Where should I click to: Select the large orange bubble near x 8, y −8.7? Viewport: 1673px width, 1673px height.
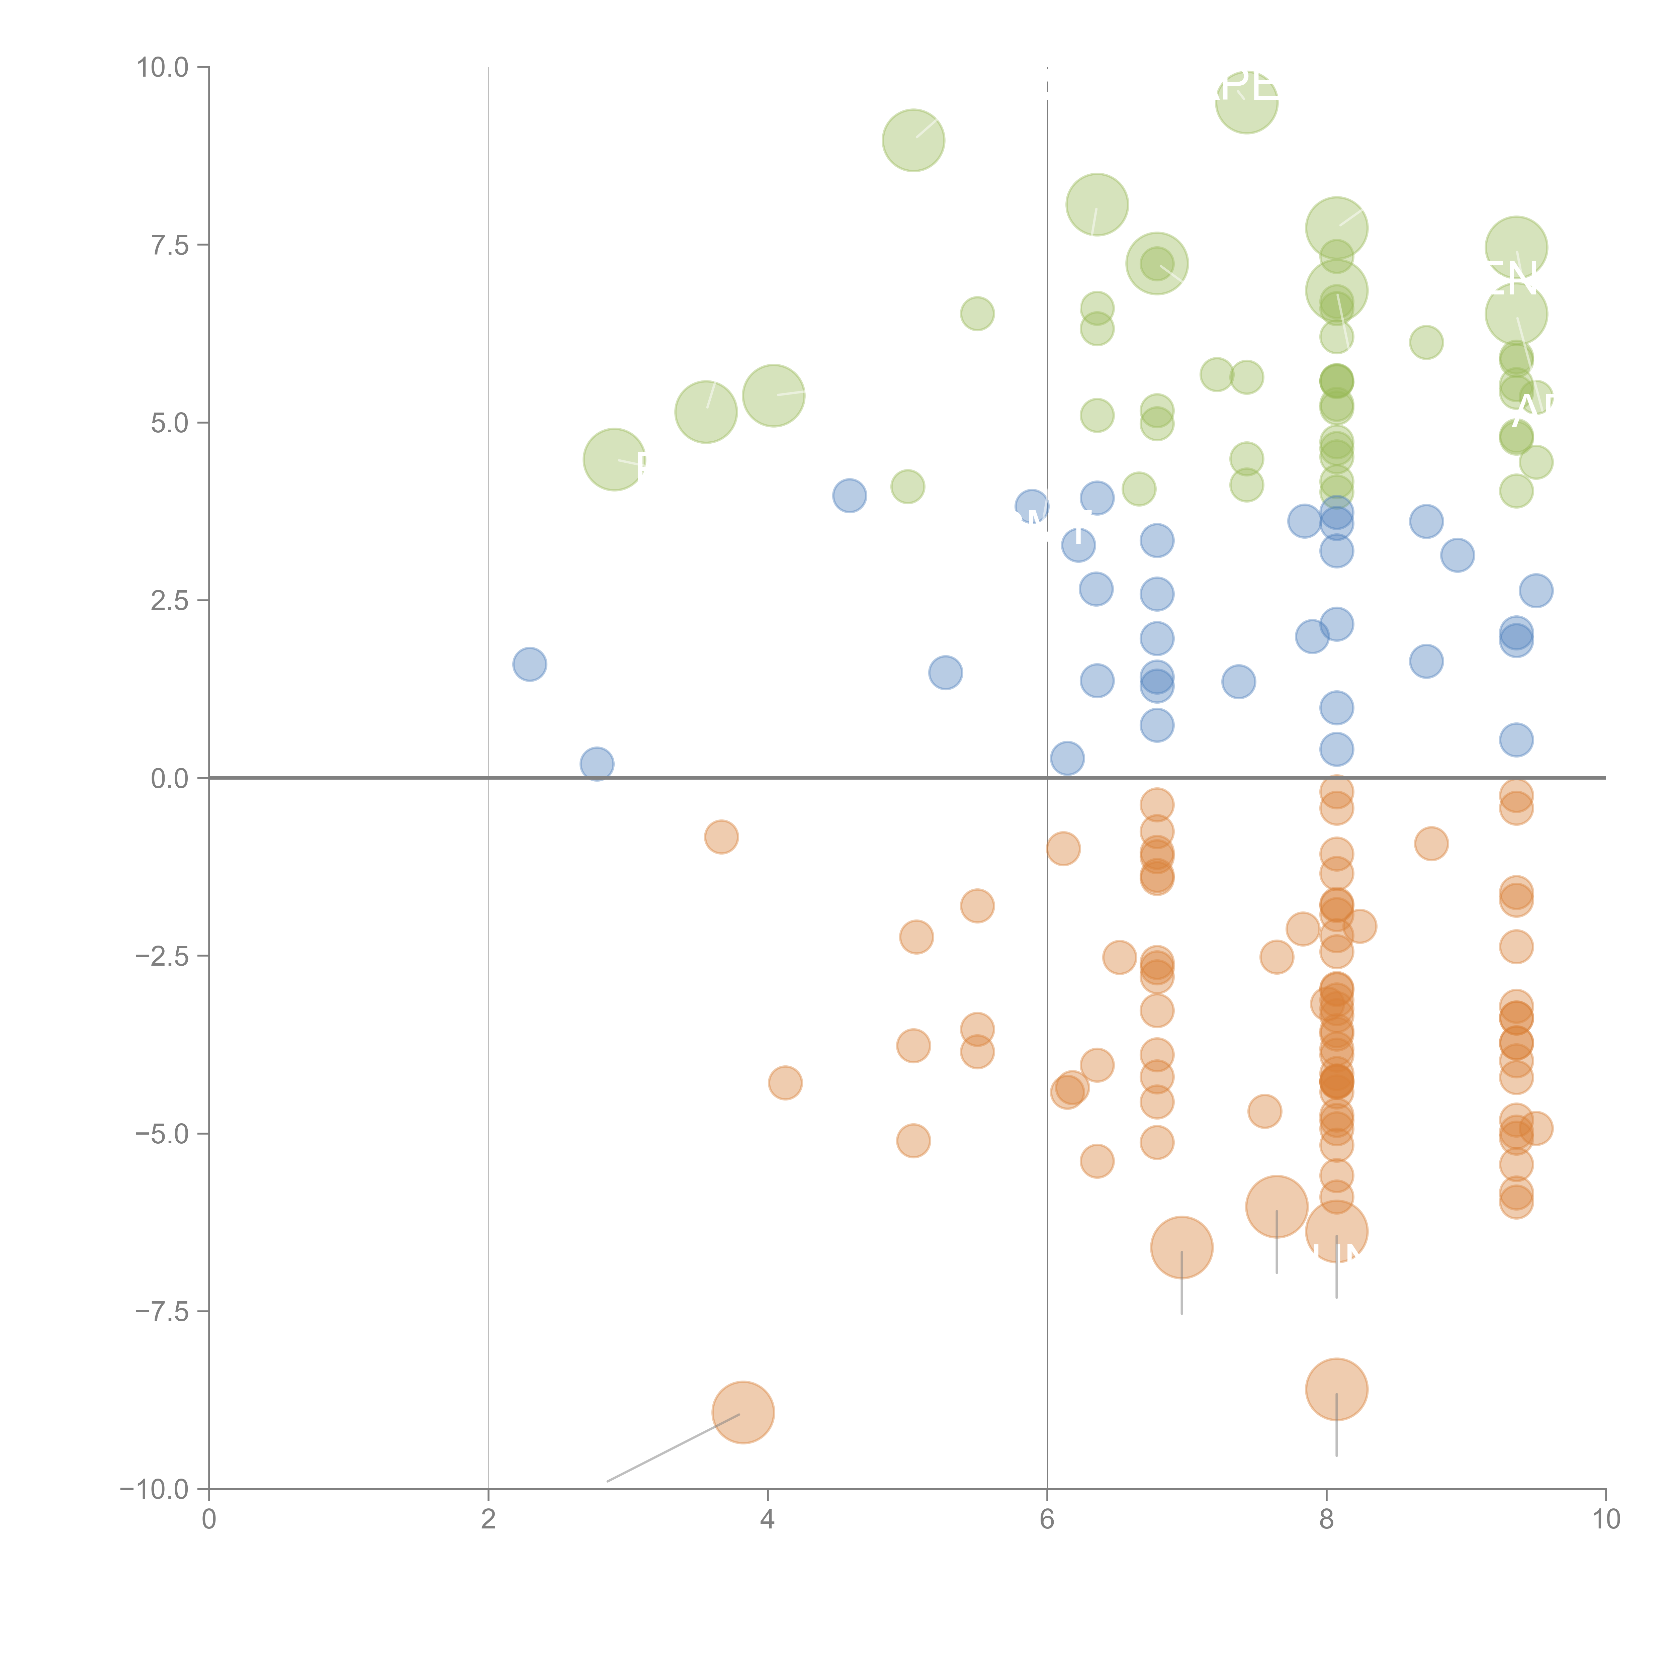point(1336,1389)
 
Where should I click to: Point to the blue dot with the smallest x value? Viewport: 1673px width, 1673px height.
point(529,664)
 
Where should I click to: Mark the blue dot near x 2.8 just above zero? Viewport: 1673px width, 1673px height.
point(597,764)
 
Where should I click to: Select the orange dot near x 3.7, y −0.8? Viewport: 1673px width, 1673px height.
point(721,836)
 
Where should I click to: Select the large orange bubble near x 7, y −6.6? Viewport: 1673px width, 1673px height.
point(1181,1247)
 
